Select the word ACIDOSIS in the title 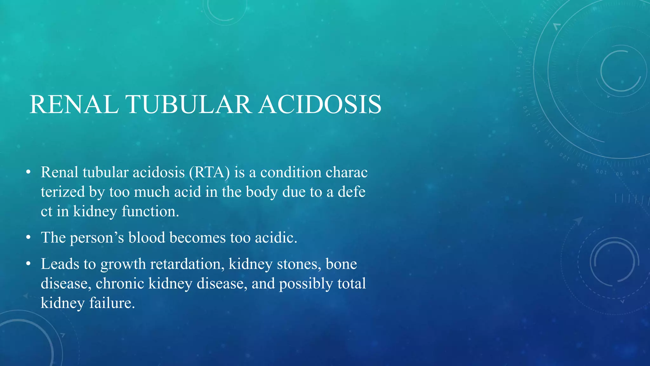coord(320,105)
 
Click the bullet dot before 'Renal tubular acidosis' coord(29,173)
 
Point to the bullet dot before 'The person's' coord(29,238)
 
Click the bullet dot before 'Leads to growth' coord(29,264)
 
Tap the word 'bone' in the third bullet coord(341,264)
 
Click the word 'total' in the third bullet coord(351,283)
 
